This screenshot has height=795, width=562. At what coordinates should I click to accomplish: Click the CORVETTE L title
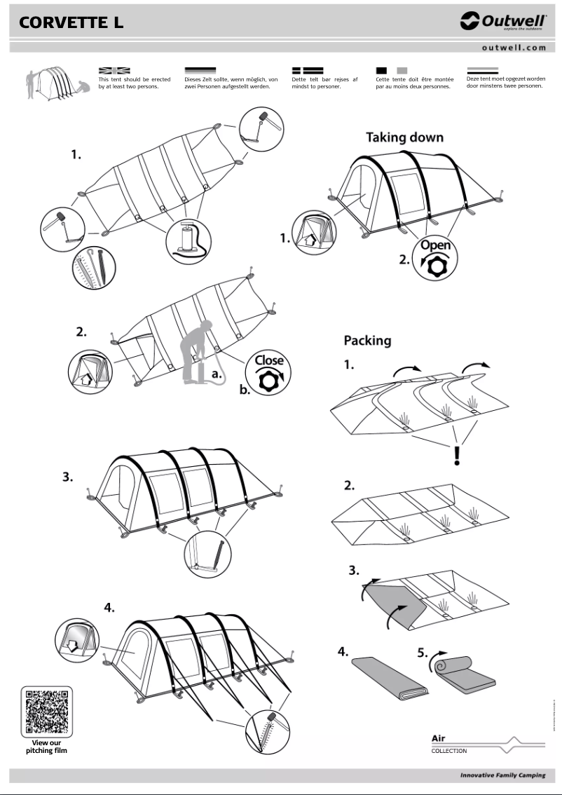[x=71, y=22]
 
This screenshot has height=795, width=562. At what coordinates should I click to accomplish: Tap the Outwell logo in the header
[x=502, y=22]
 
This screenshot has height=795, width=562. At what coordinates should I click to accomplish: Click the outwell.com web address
[x=514, y=48]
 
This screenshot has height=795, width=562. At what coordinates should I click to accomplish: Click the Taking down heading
[x=404, y=137]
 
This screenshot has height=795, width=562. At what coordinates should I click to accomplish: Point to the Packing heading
[x=367, y=341]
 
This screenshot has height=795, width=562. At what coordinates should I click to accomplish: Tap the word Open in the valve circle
[x=435, y=246]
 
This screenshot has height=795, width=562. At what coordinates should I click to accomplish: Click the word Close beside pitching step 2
[x=269, y=360]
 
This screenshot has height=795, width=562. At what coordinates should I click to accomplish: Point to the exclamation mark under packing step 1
[x=457, y=456]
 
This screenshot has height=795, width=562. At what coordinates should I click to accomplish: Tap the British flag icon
[x=114, y=71]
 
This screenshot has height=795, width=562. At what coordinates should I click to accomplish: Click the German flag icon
[x=200, y=71]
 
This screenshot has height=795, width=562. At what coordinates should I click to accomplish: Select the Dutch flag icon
[x=482, y=71]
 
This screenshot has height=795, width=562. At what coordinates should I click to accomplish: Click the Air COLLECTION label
[x=448, y=744]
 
